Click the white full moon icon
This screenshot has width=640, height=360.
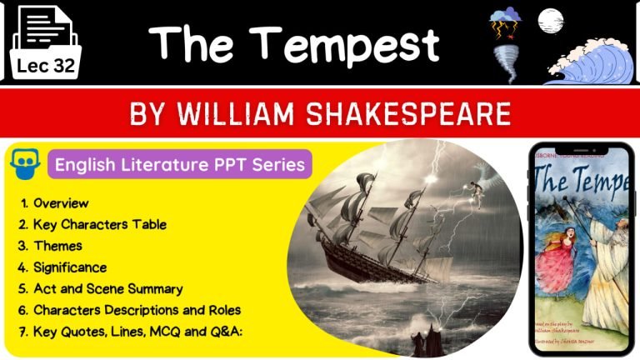tap(548, 19)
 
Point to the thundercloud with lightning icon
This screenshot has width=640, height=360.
tap(506, 22)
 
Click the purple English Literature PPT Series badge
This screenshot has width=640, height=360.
tap(179, 163)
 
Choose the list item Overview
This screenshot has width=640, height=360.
tap(61, 203)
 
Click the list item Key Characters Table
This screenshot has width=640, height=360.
tap(99, 224)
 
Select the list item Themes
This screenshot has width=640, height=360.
tap(57, 246)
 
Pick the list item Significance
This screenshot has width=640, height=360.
tap(70, 267)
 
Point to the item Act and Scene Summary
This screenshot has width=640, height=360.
tap(107, 289)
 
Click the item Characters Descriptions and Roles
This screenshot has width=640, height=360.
tap(137, 310)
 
